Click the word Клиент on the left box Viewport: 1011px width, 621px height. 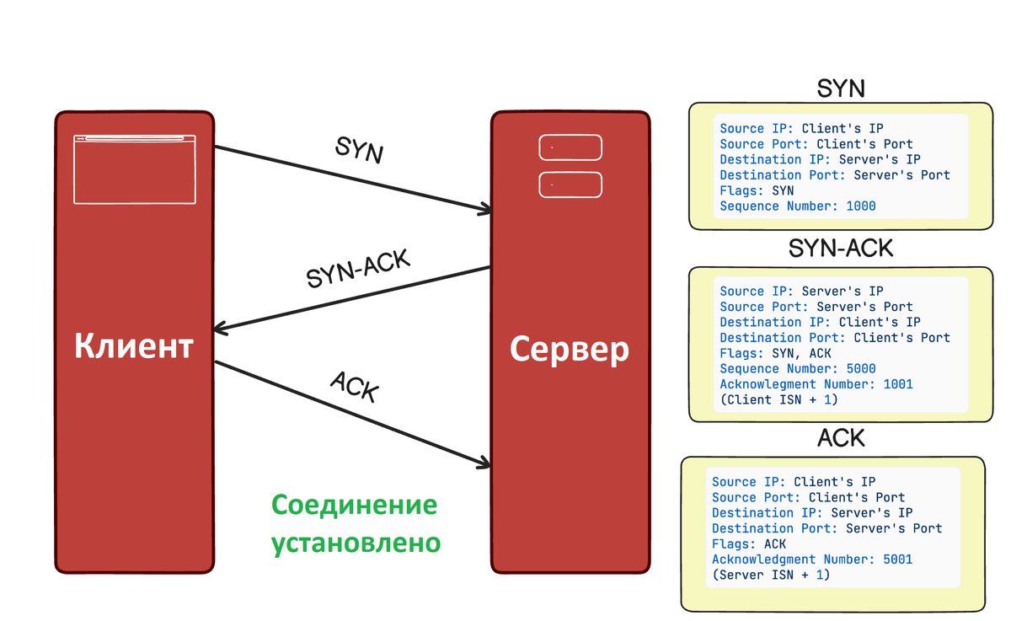coord(134,346)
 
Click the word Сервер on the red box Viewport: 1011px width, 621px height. coord(570,348)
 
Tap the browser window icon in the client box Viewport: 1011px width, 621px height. coord(135,169)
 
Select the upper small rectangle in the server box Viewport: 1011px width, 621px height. coord(570,147)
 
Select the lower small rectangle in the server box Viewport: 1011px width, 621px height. coord(570,185)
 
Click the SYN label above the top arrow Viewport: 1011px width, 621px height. coord(359,151)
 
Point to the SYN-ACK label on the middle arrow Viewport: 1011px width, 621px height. coord(358,269)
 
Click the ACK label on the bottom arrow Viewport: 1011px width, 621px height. coord(355,387)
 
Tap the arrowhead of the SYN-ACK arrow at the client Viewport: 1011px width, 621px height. coord(222,328)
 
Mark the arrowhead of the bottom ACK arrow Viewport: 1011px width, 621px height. coord(484,463)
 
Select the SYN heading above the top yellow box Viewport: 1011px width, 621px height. coord(841,88)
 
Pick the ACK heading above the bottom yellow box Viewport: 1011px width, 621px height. coord(841,438)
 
